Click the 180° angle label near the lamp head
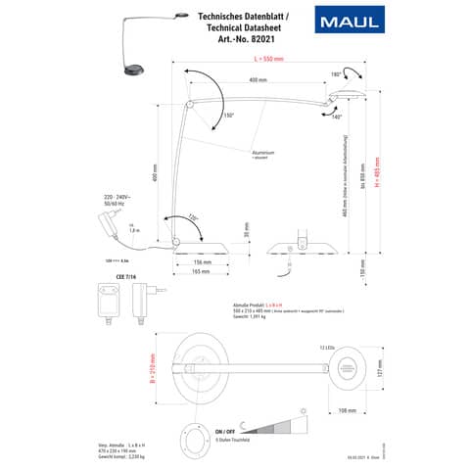click(x=338, y=72)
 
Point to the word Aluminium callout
click(x=289, y=152)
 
